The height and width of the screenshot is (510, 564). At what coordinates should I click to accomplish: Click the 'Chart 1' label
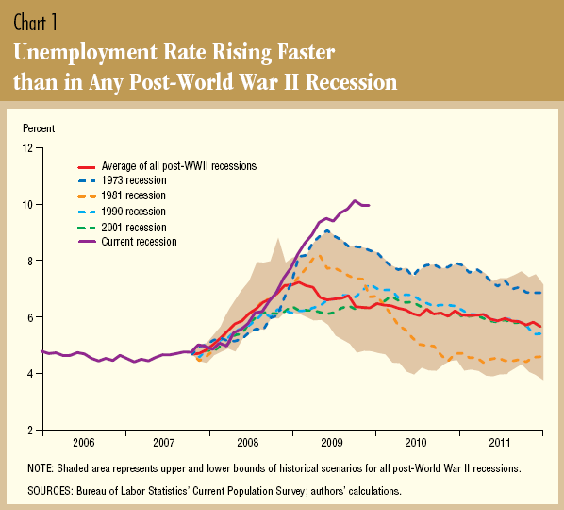coord(35,23)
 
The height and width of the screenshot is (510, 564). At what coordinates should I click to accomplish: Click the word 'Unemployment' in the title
coord(86,53)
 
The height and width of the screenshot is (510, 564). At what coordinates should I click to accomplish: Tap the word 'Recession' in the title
coord(352,82)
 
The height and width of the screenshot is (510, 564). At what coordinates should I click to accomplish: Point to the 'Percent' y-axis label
coord(39,128)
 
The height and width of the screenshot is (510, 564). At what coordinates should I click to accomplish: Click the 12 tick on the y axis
coord(27,148)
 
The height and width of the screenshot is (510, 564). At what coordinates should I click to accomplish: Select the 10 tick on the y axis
coord(27,205)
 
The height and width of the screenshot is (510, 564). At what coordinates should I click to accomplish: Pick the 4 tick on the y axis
coord(30,374)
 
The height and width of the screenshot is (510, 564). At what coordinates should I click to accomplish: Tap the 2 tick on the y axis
coord(30,431)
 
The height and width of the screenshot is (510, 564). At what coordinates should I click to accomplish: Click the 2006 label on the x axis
coord(83,443)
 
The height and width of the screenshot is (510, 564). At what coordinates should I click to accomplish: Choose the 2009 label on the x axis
coord(332,443)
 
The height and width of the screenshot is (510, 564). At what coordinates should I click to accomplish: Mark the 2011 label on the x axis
coord(500,443)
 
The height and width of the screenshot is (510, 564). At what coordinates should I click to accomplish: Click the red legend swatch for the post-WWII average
coord(87,167)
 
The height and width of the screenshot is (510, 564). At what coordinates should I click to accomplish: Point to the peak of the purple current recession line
coord(355,200)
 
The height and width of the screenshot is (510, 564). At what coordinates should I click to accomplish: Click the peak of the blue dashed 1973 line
coord(327,230)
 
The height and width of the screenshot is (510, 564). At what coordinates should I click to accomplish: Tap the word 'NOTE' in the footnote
coord(40,468)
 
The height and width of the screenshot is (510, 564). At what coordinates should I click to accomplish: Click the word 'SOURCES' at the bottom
coord(50,491)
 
